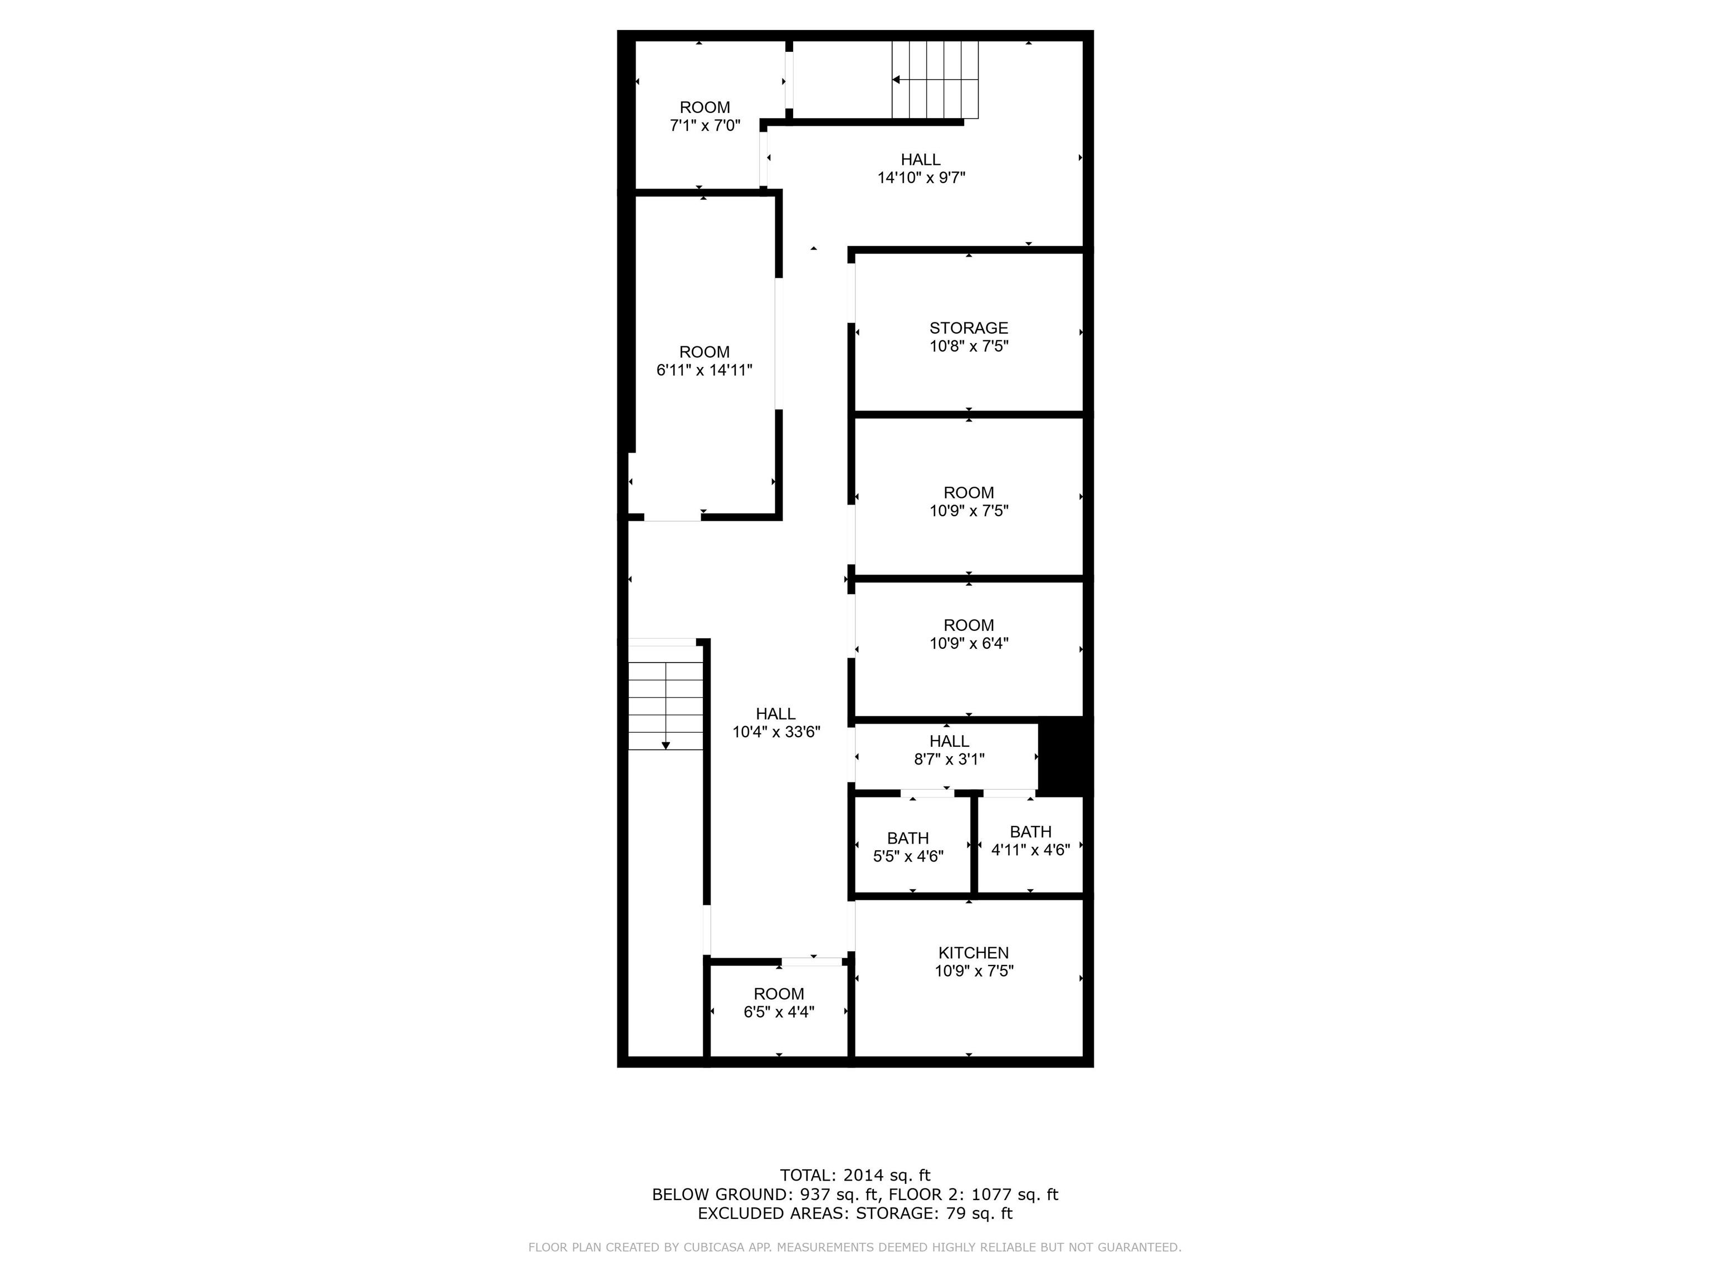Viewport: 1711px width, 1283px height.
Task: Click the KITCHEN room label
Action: (973, 953)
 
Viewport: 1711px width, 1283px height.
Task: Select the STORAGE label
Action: (969, 328)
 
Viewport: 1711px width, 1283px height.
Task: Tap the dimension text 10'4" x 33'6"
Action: (776, 732)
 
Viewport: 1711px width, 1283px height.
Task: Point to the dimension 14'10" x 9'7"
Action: (921, 178)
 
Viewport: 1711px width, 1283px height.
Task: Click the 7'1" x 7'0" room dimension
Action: (705, 125)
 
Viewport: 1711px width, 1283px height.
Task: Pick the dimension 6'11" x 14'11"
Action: (704, 370)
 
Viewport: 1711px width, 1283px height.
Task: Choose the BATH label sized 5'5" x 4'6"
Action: (907, 838)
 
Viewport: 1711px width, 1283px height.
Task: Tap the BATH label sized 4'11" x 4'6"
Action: (1030, 832)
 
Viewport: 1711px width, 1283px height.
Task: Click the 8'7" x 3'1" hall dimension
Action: (949, 760)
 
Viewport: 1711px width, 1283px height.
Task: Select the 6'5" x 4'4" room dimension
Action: (779, 1012)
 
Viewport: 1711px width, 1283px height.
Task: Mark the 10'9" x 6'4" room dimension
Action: (969, 643)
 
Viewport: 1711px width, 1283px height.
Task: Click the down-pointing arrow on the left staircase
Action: (665, 746)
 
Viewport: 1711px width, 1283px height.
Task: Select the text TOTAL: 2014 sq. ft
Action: (855, 1176)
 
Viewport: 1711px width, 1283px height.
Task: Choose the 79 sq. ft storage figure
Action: (979, 1213)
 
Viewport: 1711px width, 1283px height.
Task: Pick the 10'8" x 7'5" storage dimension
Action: (969, 346)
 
